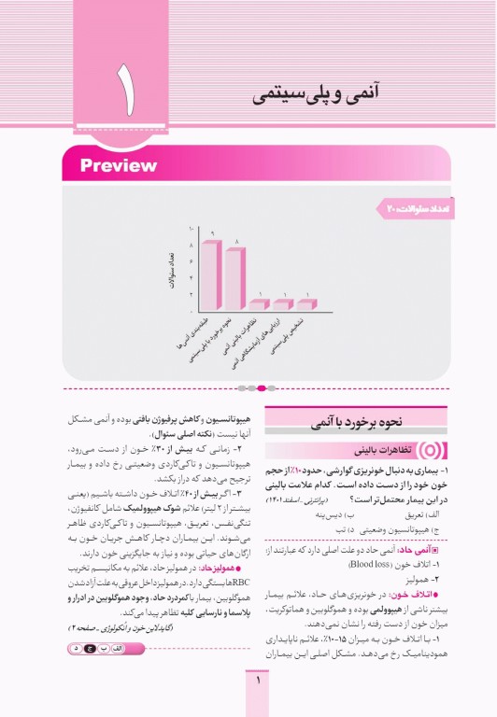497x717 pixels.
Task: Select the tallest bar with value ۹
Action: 212,274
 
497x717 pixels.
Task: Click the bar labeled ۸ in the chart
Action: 234,278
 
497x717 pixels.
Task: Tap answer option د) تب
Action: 328,529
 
